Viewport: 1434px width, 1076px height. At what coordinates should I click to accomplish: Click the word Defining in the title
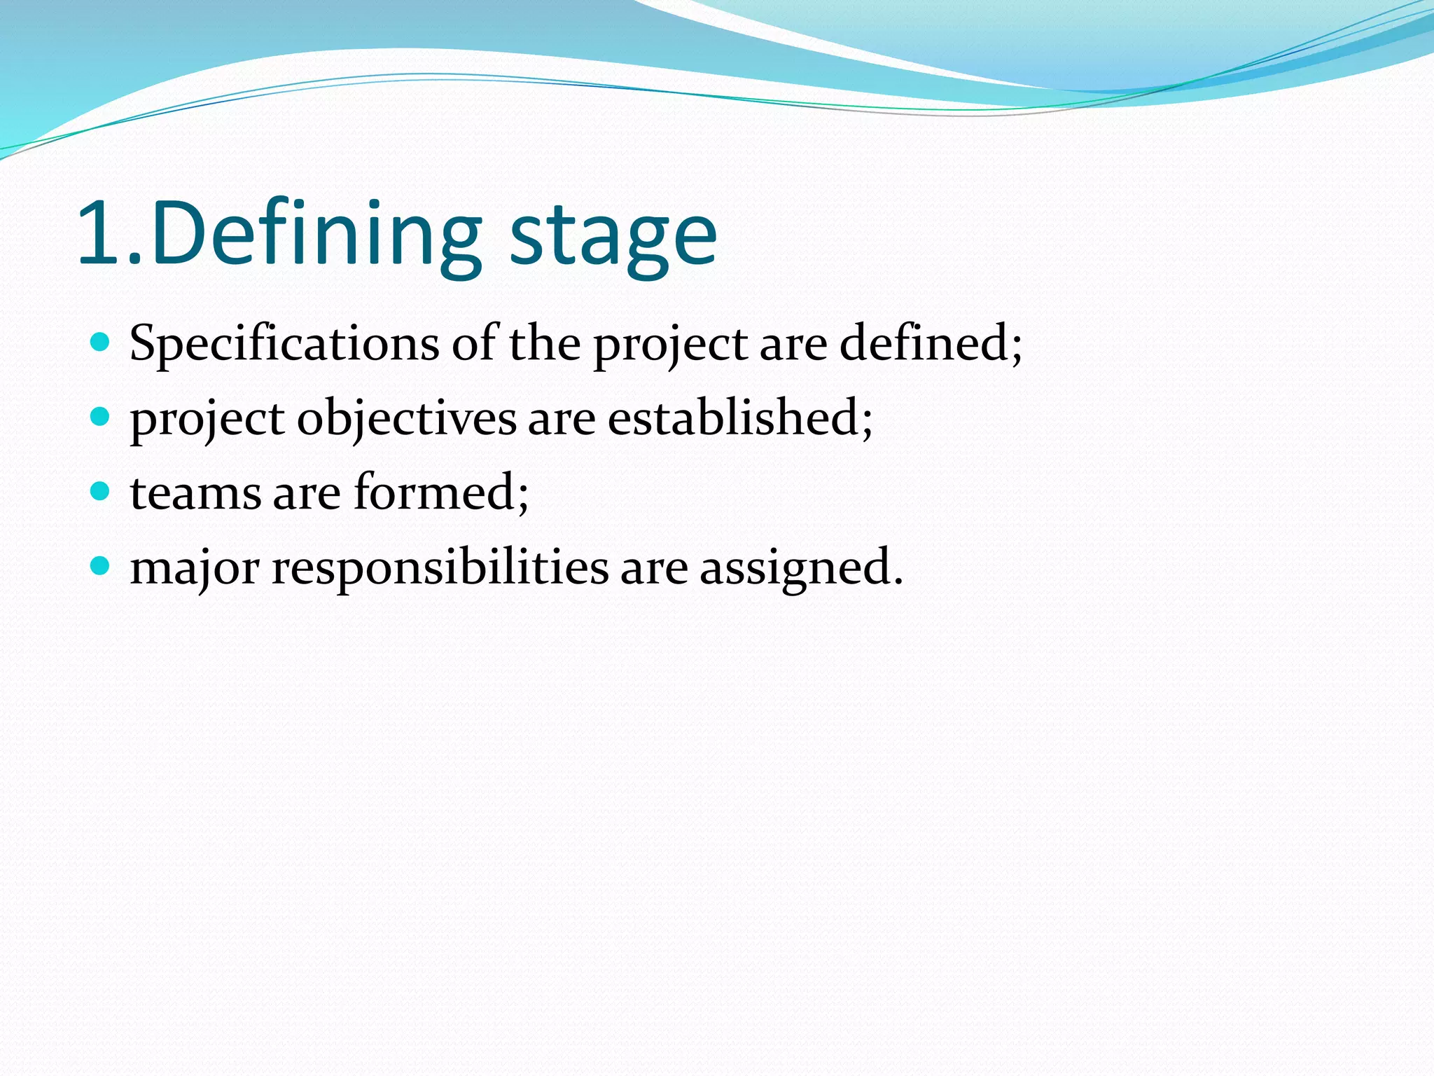click(x=315, y=235)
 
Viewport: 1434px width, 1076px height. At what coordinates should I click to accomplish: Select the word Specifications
click(x=284, y=345)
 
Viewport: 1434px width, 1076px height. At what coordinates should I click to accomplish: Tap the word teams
click(x=195, y=493)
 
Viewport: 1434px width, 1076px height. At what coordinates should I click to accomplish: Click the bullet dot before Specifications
click(x=101, y=342)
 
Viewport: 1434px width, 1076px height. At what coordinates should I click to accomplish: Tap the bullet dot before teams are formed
click(x=101, y=491)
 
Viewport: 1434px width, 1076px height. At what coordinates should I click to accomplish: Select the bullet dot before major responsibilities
click(x=101, y=565)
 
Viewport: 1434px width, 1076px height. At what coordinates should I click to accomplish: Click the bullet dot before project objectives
click(x=101, y=417)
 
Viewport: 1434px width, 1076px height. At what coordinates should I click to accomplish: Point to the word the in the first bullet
click(x=544, y=343)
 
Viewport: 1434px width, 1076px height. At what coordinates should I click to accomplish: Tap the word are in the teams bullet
click(x=307, y=495)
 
